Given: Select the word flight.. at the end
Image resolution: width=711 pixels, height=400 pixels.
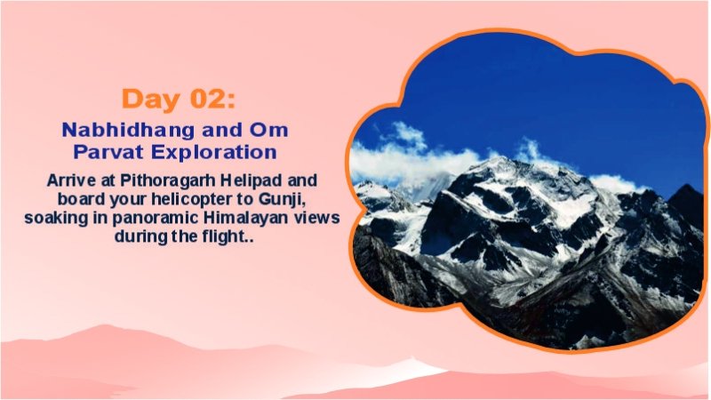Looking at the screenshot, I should point(230,237).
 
